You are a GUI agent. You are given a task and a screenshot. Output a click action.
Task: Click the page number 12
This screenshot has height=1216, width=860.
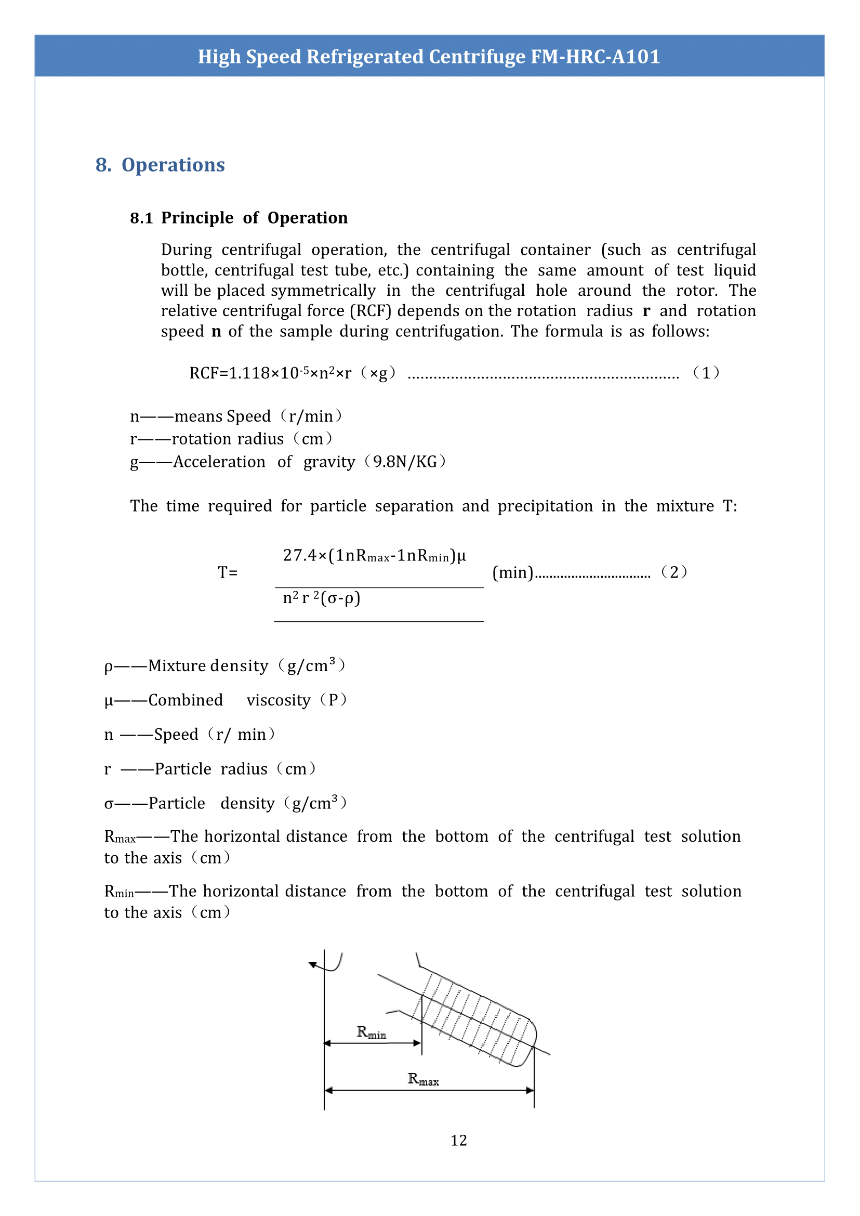pyautogui.click(x=459, y=1140)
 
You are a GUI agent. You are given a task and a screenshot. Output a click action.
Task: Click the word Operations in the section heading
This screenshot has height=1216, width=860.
pyautogui.click(x=173, y=165)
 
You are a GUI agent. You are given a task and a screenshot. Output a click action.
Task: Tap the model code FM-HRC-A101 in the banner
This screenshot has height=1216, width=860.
pyautogui.click(x=595, y=57)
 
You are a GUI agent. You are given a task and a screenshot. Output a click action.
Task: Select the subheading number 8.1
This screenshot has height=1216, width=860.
pyautogui.click(x=141, y=218)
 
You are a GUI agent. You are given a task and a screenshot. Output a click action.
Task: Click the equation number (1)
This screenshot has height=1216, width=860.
pyautogui.click(x=706, y=373)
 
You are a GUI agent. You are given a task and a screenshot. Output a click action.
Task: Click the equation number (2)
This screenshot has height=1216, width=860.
pyautogui.click(x=674, y=572)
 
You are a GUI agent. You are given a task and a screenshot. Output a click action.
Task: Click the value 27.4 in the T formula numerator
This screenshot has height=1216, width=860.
pyautogui.click(x=300, y=555)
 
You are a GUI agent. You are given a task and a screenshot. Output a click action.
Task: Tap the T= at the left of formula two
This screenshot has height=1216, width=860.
pyautogui.click(x=228, y=572)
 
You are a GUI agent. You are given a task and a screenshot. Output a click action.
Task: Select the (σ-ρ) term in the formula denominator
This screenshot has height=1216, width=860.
pyautogui.click(x=340, y=598)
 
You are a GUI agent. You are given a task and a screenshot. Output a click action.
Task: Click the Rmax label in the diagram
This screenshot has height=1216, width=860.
pyautogui.click(x=423, y=1079)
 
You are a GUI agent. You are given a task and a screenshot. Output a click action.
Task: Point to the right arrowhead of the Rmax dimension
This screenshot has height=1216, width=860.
pyautogui.click(x=530, y=1090)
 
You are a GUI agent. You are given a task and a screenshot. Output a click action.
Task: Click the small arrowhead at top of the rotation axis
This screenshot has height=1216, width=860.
pyautogui.click(x=313, y=964)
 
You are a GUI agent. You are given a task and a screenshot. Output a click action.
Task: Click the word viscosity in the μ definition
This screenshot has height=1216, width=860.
pyautogui.click(x=278, y=700)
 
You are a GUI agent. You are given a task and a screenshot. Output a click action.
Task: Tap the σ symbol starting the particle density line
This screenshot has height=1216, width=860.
pyautogui.click(x=109, y=804)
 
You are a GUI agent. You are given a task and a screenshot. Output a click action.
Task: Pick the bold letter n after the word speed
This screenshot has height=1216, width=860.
pyautogui.click(x=216, y=332)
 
